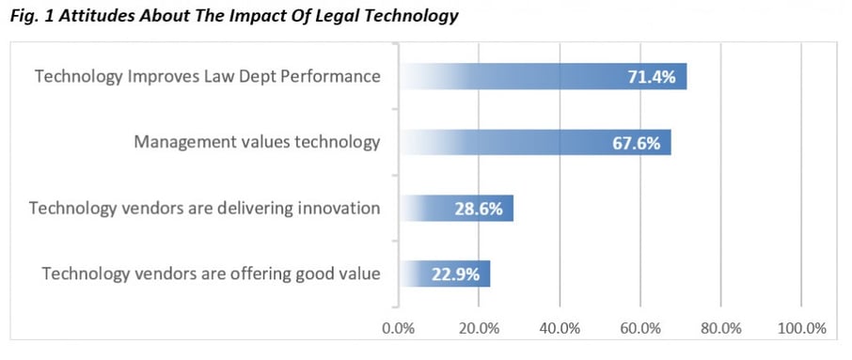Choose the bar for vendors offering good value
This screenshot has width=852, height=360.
tap(445, 274)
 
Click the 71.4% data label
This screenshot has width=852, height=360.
tap(652, 77)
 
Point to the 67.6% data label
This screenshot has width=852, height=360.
tap(636, 143)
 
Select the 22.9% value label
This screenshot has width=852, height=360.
tap(455, 274)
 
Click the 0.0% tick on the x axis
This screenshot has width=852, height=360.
tap(399, 328)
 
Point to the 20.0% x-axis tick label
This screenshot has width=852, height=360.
tap(479, 328)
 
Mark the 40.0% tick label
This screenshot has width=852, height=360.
tap(560, 328)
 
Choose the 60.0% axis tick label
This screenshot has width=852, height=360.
tap(639, 328)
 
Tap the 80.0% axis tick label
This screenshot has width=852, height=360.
tap(720, 328)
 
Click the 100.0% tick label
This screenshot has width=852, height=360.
tap(801, 328)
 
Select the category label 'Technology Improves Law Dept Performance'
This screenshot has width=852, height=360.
tap(207, 77)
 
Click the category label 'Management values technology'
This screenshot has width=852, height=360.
tap(257, 143)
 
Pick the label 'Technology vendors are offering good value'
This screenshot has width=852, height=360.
tap(211, 274)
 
